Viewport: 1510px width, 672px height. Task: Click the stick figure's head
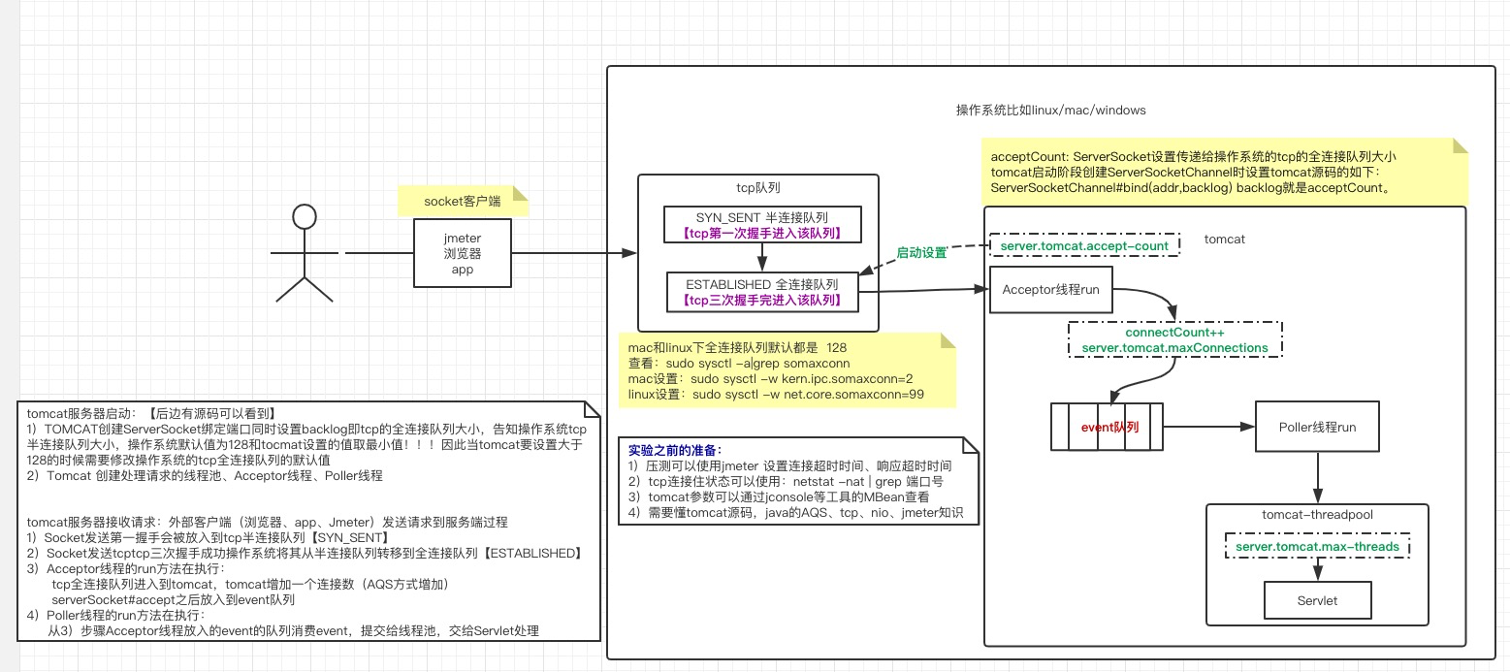click(x=305, y=217)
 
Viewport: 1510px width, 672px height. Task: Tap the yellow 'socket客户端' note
click(x=462, y=202)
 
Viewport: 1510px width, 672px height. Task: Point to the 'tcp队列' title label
click(x=758, y=187)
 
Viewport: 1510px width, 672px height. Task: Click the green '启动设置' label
click(x=921, y=252)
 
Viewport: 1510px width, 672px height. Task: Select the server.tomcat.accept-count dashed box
click(x=1084, y=246)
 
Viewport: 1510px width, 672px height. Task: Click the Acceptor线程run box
click(x=1050, y=289)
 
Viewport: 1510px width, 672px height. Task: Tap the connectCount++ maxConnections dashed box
click(x=1174, y=339)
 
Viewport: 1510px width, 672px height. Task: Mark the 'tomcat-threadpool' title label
click(x=1317, y=515)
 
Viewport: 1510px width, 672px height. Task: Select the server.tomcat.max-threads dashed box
click(x=1317, y=547)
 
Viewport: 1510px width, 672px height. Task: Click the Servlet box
click(x=1317, y=600)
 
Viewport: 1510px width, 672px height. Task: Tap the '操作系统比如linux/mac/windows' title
click(x=1050, y=110)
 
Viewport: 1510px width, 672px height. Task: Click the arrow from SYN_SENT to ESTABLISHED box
click(x=762, y=257)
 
